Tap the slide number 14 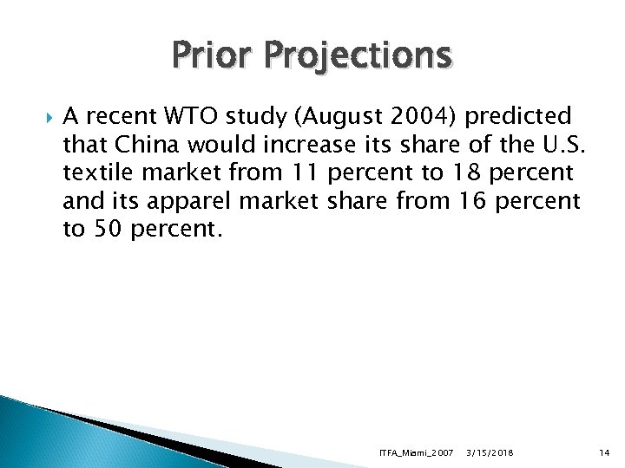tap(605, 452)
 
